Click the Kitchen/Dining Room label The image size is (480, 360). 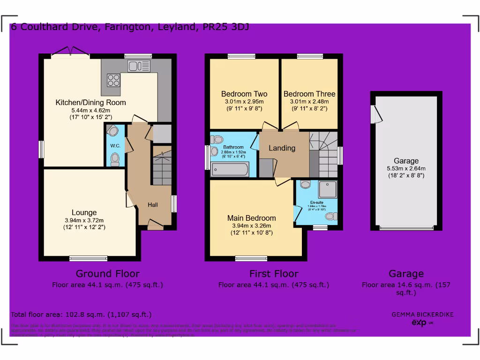(90, 103)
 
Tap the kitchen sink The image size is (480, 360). (139, 66)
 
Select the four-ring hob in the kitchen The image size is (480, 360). (113, 80)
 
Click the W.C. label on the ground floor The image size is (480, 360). (115, 146)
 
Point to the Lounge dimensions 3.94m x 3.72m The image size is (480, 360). (84, 220)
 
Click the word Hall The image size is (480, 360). (153, 205)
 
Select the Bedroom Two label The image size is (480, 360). (244, 94)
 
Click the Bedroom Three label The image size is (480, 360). (309, 94)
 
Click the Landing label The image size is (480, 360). (282, 148)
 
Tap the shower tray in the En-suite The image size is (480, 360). (328, 190)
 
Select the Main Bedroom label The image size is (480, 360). (251, 218)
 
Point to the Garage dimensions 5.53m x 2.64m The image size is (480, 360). (406, 169)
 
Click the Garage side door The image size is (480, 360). (374, 114)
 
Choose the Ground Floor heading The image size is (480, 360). (107, 274)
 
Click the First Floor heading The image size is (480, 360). (274, 274)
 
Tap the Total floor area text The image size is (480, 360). (81, 315)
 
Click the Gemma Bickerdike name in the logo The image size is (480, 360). (422, 315)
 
